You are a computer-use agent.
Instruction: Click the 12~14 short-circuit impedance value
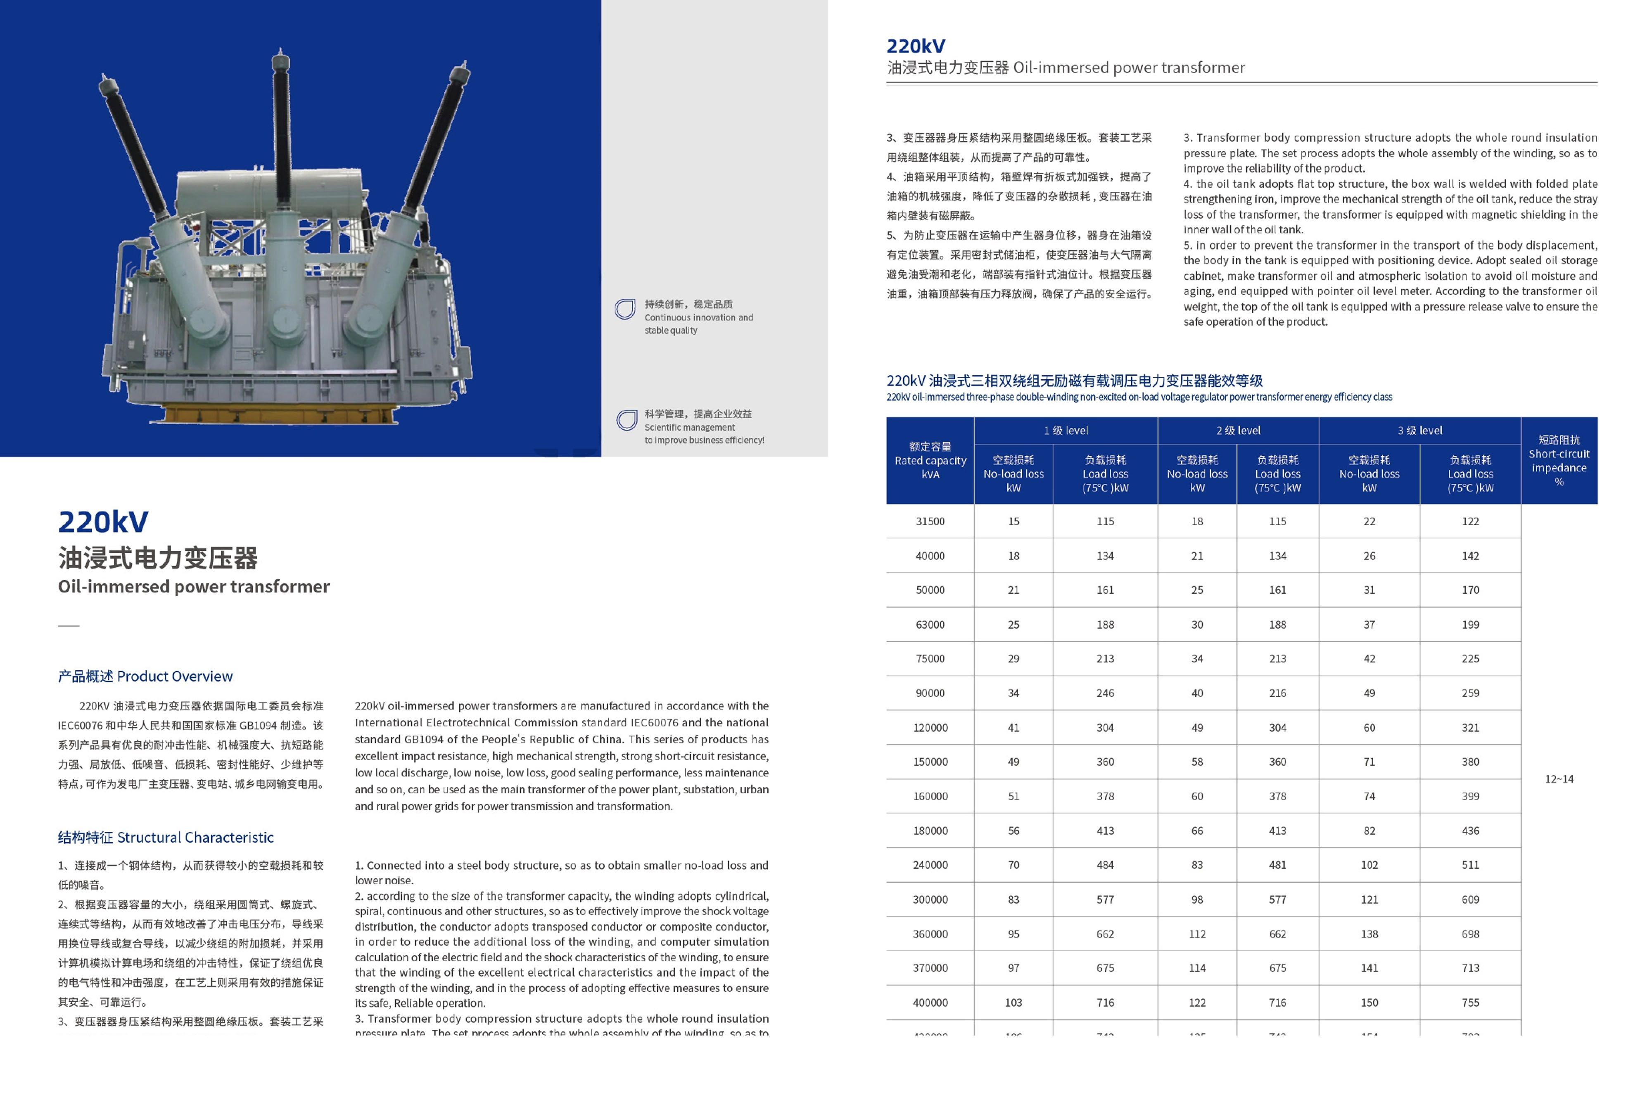tap(1558, 779)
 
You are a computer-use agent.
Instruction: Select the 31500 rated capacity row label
tap(930, 521)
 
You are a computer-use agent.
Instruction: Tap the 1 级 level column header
tap(1065, 430)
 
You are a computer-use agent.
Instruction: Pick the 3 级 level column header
tap(1419, 430)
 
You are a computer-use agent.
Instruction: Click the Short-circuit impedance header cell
tap(1558, 460)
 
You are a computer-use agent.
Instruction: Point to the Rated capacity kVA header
tap(930, 460)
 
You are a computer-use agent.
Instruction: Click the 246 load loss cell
tap(1104, 693)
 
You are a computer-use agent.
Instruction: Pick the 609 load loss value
tap(1470, 899)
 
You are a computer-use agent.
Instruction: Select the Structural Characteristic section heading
tap(166, 837)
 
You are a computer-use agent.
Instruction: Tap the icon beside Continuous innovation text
tap(624, 310)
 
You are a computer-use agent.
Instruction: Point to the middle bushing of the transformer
tap(282, 126)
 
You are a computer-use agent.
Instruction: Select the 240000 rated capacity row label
tap(930, 865)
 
